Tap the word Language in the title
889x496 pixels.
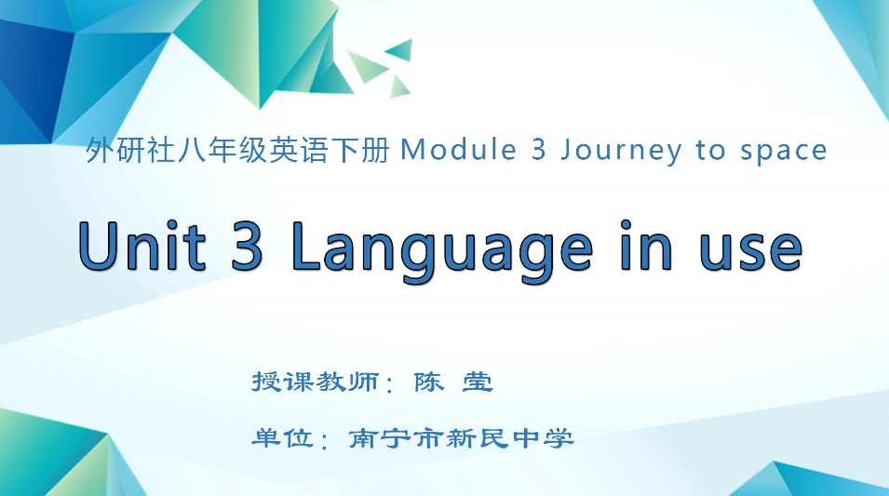point(441,248)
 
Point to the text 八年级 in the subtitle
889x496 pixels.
point(202,150)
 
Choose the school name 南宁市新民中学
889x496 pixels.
point(461,437)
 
